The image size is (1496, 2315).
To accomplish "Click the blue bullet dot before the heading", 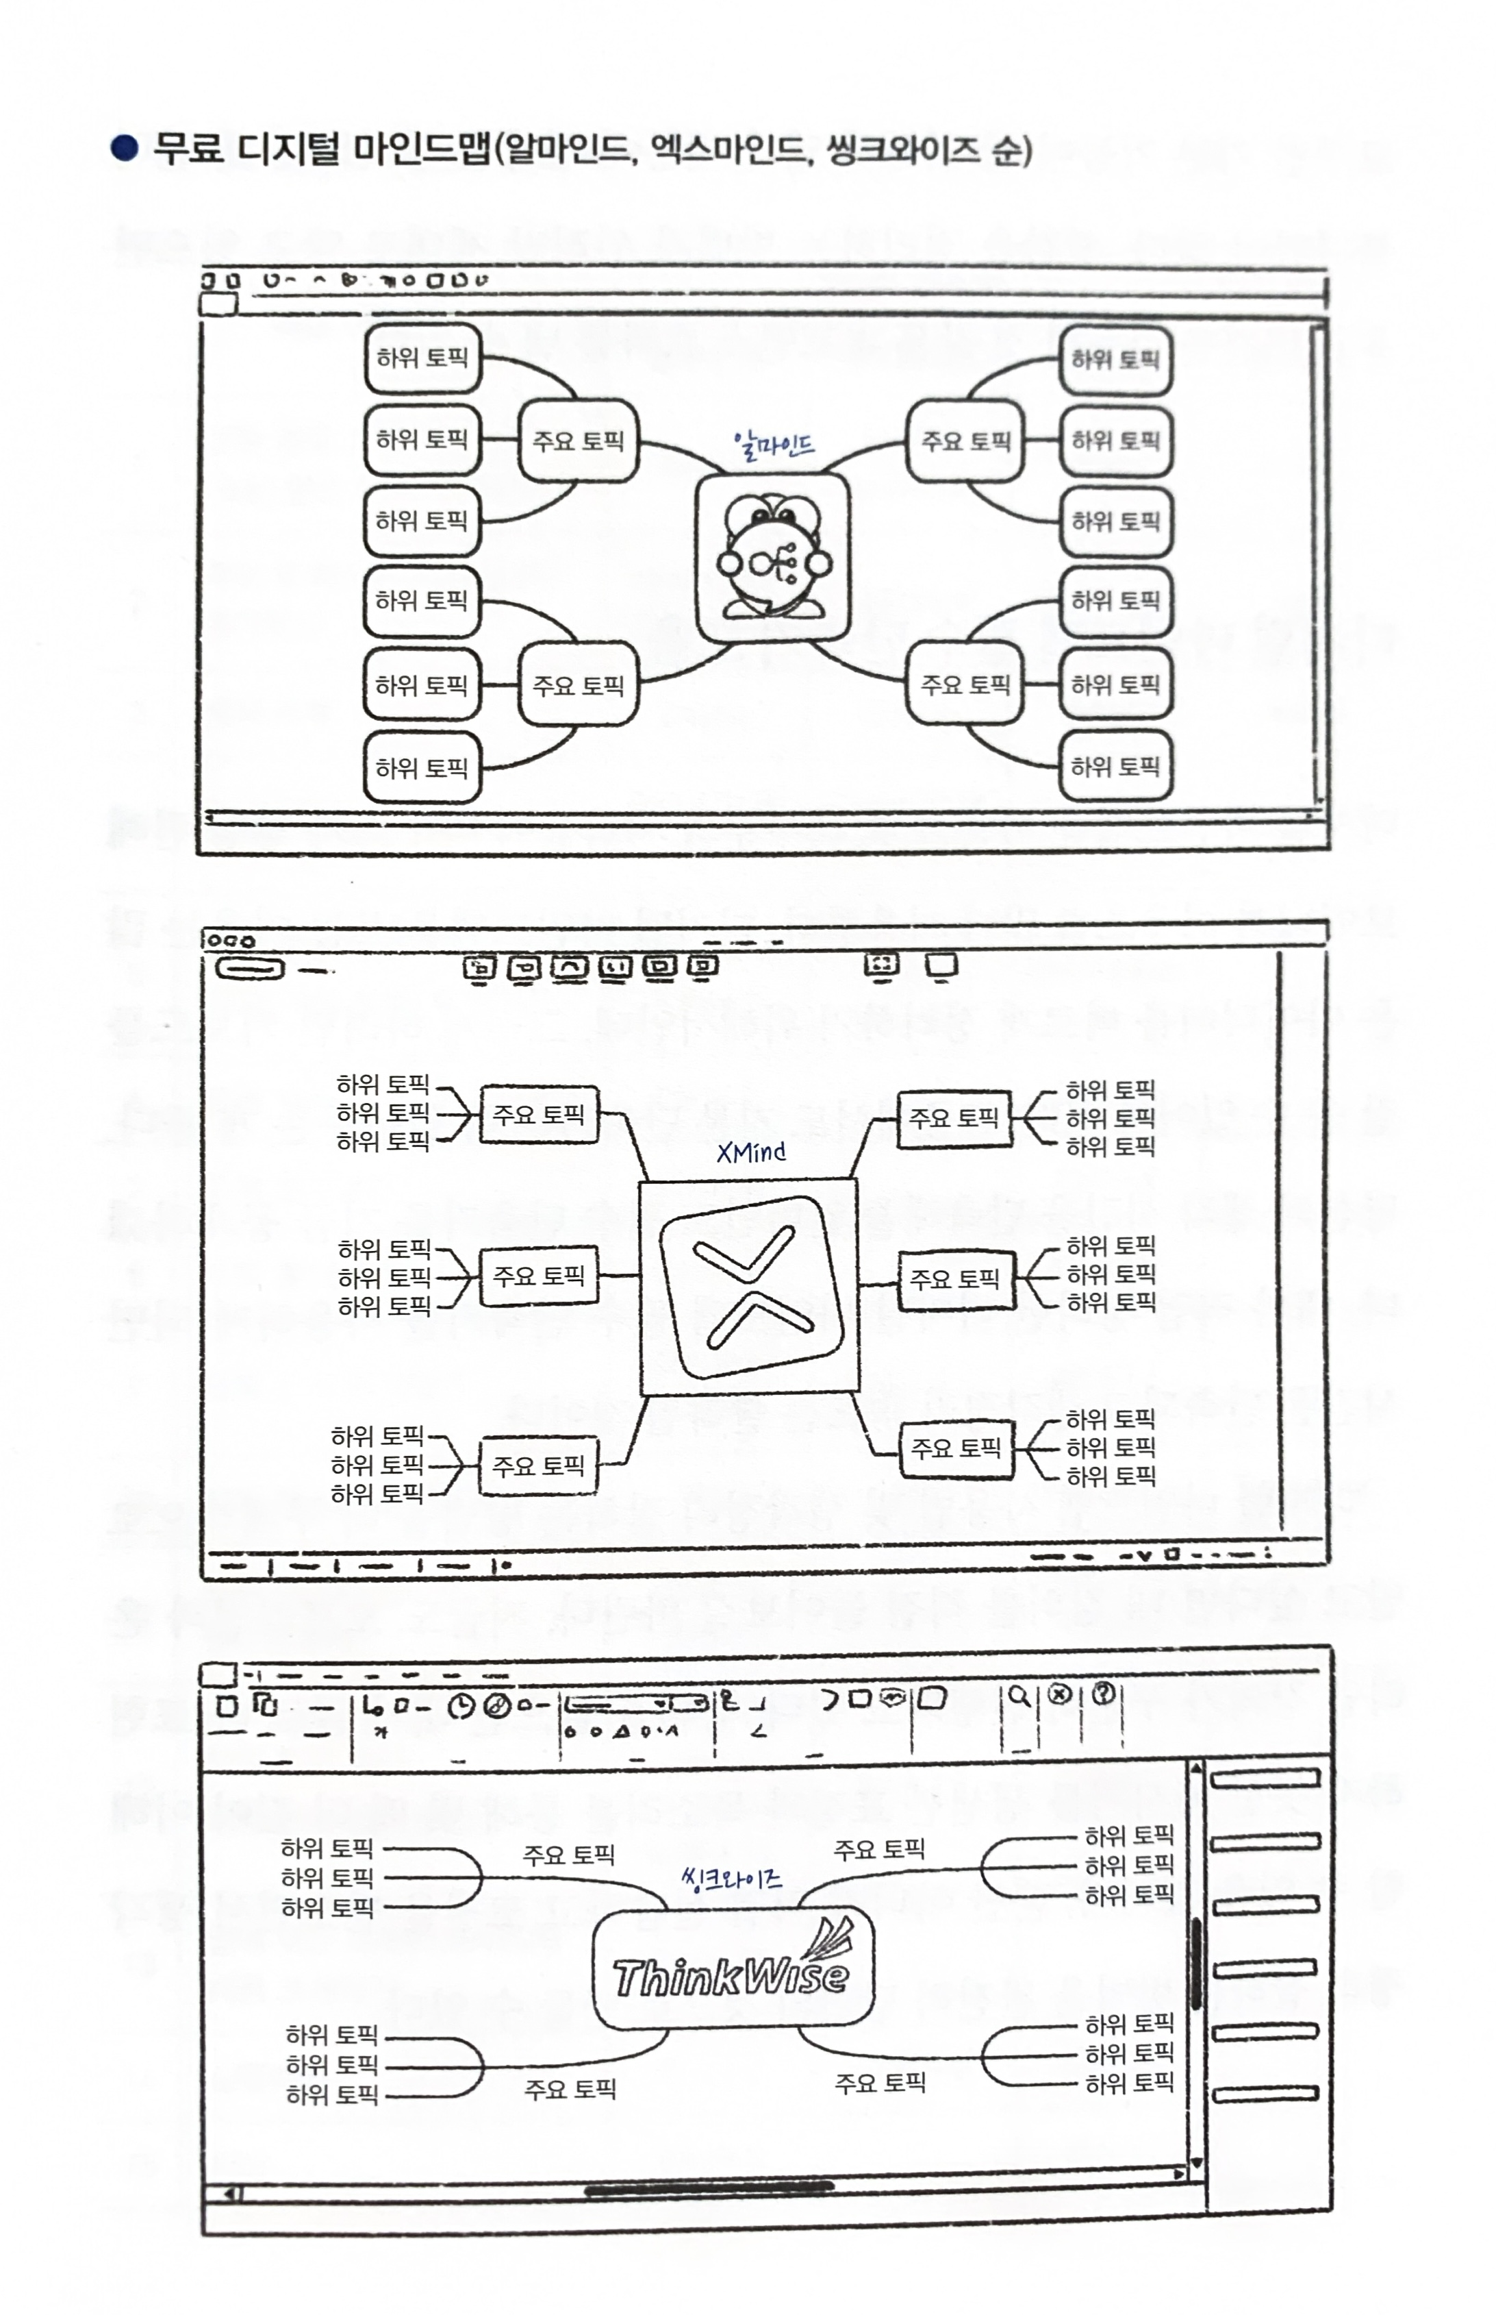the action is pos(125,149).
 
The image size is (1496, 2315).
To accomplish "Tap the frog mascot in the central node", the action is pos(773,559).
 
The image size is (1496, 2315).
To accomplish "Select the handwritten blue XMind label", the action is pos(751,1152).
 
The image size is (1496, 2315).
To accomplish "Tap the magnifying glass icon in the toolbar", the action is pos(1018,1696).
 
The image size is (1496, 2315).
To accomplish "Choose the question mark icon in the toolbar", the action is pos(1102,1694).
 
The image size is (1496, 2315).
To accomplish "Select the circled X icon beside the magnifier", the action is pos(1060,1694).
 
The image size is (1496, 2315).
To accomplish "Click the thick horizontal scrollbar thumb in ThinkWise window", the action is pos(709,2188).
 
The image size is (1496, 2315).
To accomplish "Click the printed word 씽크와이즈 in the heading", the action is pos(902,149).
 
